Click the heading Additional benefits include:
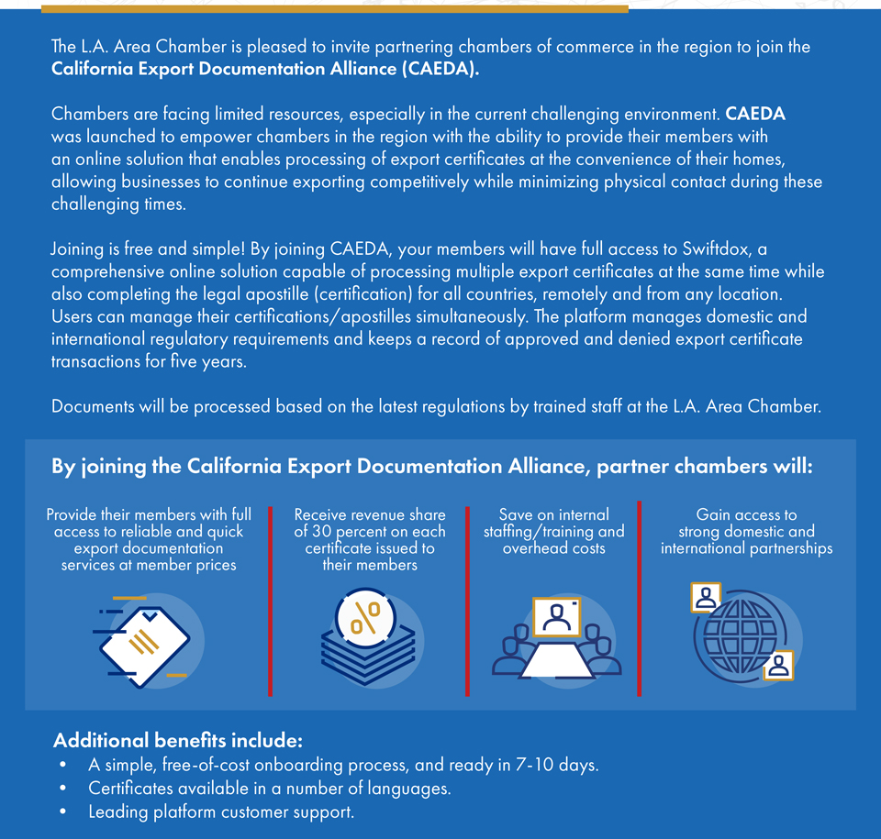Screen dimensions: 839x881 tap(178, 740)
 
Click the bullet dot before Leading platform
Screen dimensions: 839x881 tap(61, 812)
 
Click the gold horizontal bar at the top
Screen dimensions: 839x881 tap(335, 8)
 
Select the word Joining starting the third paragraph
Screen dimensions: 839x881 tap(79, 249)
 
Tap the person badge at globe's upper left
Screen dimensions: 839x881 tap(706, 598)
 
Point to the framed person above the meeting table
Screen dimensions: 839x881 tap(556, 617)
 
